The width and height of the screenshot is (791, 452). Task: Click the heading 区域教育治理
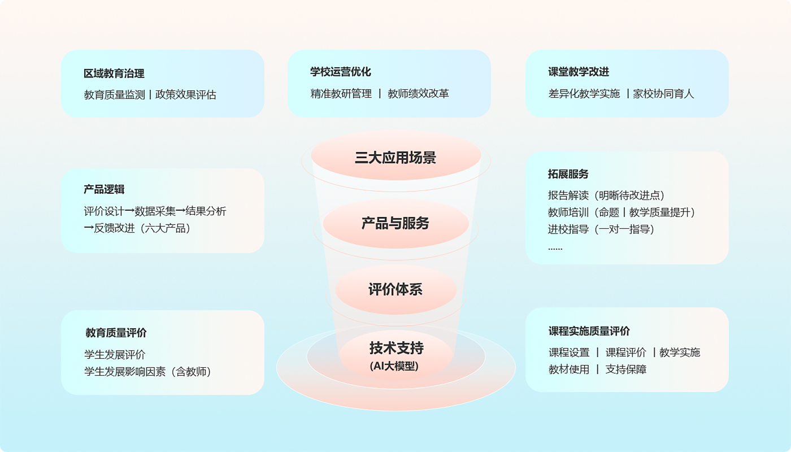click(x=114, y=73)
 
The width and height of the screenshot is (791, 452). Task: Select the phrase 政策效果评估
click(x=186, y=95)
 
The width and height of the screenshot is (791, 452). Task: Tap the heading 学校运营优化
click(x=341, y=72)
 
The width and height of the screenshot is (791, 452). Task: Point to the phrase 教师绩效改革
click(x=418, y=94)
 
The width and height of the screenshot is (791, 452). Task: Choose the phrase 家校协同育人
click(x=663, y=94)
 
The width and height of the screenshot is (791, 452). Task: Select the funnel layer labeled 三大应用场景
click(x=395, y=158)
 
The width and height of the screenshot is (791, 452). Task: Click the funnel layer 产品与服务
click(x=395, y=223)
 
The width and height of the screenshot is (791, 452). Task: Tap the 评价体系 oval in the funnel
click(x=395, y=290)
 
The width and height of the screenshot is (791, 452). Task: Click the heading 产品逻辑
click(x=104, y=189)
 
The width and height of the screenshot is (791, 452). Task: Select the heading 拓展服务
click(x=568, y=174)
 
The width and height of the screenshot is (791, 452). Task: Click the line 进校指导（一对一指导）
click(x=601, y=229)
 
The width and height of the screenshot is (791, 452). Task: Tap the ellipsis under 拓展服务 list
click(x=555, y=247)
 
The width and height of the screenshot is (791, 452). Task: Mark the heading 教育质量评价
click(x=116, y=333)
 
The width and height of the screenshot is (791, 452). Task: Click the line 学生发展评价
click(x=115, y=355)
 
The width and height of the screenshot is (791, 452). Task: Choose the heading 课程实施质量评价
click(x=589, y=331)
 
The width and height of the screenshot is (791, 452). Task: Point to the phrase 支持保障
click(x=626, y=370)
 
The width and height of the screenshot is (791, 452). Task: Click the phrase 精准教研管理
click(x=341, y=94)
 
